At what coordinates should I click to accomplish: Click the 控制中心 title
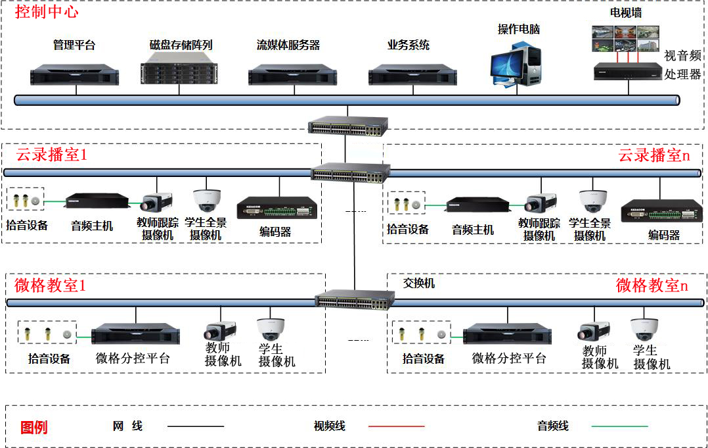tap(46, 12)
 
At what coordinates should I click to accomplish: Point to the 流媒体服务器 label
tap(288, 45)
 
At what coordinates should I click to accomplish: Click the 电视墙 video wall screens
tap(625, 37)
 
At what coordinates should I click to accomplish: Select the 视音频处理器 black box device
tap(627, 70)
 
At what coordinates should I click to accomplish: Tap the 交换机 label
tap(419, 284)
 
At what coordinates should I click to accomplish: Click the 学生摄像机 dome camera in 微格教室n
tap(644, 328)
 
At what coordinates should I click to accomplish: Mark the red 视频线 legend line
tap(396, 426)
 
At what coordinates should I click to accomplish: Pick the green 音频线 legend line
tap(619, 426)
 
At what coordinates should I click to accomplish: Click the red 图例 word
tap(34, 427)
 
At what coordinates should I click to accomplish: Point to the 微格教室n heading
tap(652, 286)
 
